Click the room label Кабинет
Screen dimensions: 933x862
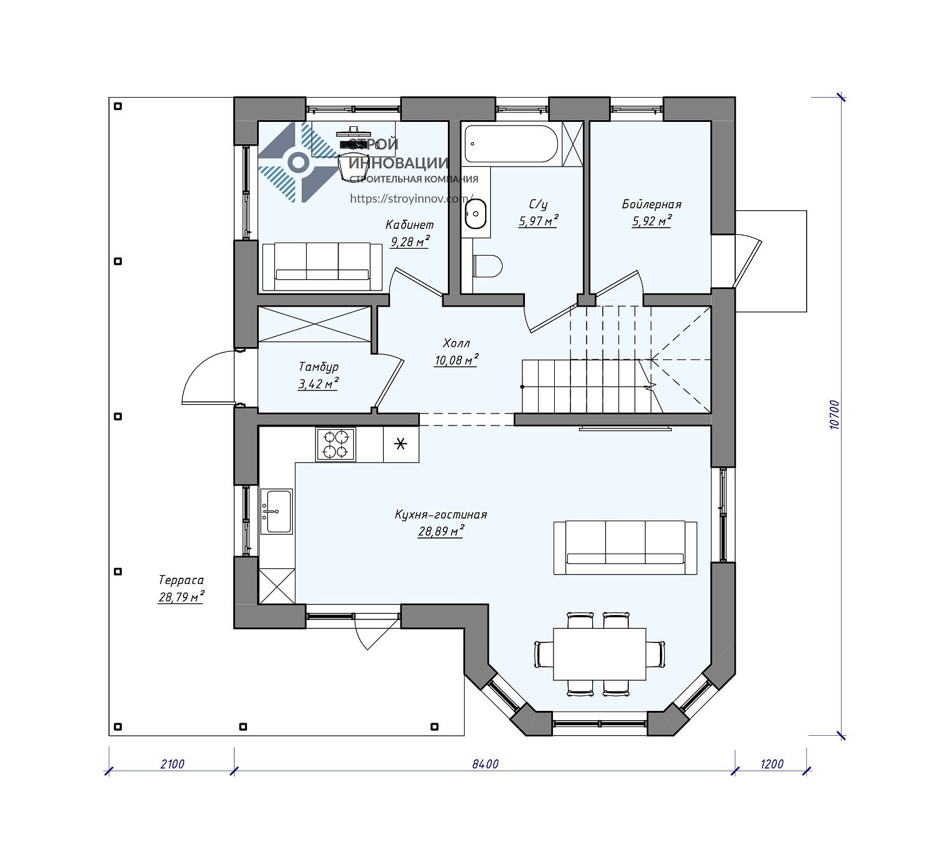[409, 225]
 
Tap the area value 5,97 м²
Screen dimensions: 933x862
[539, 221]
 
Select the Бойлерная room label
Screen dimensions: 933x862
[652, 205]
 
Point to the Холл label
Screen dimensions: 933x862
[456, 343]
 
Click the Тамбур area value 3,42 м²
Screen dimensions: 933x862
[318, 384]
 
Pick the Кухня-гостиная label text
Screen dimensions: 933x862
[440, 515]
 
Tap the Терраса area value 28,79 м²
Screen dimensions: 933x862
[182, 597]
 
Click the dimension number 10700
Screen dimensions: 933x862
[834, 414]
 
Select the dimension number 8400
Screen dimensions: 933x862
[485, 764]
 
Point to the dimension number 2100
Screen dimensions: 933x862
[172, 764]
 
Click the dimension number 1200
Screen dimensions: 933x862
[772, 764]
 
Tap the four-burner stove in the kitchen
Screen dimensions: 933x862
[335, 445]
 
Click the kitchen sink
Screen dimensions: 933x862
[277, 511]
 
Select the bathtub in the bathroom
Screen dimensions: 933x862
[512, 144]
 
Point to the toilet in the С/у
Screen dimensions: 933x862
[488, 266]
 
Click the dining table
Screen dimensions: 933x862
[600, 654]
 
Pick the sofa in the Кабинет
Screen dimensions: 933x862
[322, 267]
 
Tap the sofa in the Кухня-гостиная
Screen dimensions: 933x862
[625, 547]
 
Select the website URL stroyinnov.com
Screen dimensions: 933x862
[412, 198]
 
